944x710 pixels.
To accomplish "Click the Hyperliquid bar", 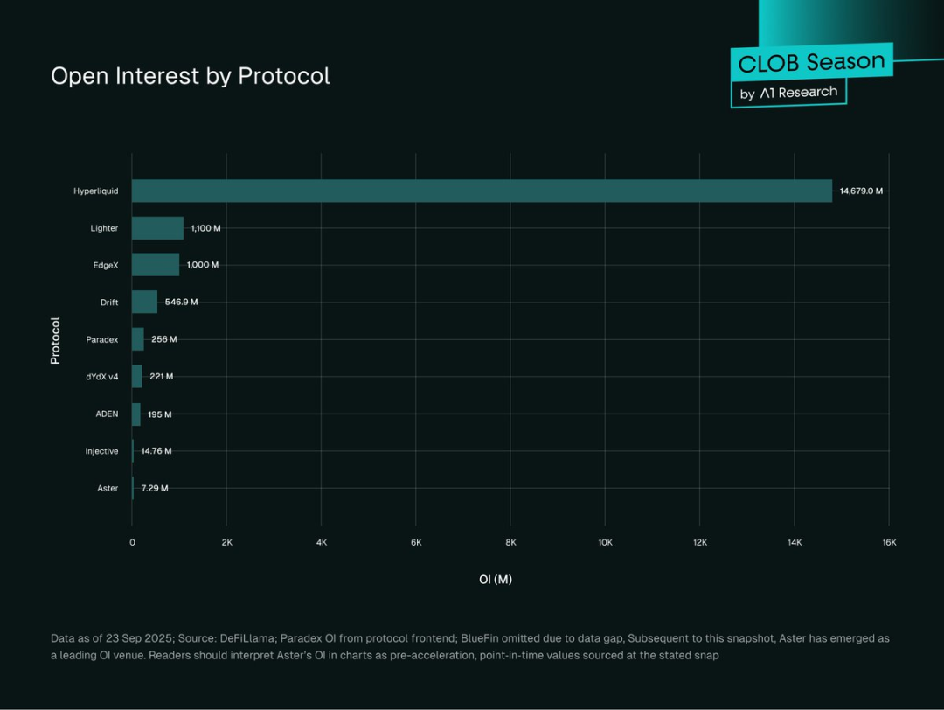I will (x=482, y=191).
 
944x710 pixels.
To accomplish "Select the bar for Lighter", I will (x=157, y=228).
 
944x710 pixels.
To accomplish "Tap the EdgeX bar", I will (x=156, y=265).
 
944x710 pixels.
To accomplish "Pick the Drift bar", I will (x=144, y=302).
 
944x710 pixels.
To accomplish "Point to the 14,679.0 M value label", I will (x=861, y=191).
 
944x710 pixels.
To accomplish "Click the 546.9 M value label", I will (x=182, y=302).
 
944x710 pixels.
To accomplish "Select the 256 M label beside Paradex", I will (x=163, y=339).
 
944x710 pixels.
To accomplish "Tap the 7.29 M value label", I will (x=155, y=488).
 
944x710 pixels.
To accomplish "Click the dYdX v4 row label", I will (x=101, y=377).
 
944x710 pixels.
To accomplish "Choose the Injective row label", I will (x=101, y=451).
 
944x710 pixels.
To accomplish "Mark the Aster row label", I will (x=108, y=488).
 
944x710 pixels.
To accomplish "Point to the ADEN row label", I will (x=107, y=414).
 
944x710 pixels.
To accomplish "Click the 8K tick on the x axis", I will (x=510, y=543).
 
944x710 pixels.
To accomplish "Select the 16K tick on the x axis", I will (x=889, y=543).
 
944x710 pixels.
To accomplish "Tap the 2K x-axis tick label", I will (x=226, y=543).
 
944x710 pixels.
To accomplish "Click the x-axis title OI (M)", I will (x=496, y=580).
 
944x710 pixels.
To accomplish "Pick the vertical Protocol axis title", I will (x=55, y=340).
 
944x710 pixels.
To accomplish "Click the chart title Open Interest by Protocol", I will (x=190, y=76).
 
